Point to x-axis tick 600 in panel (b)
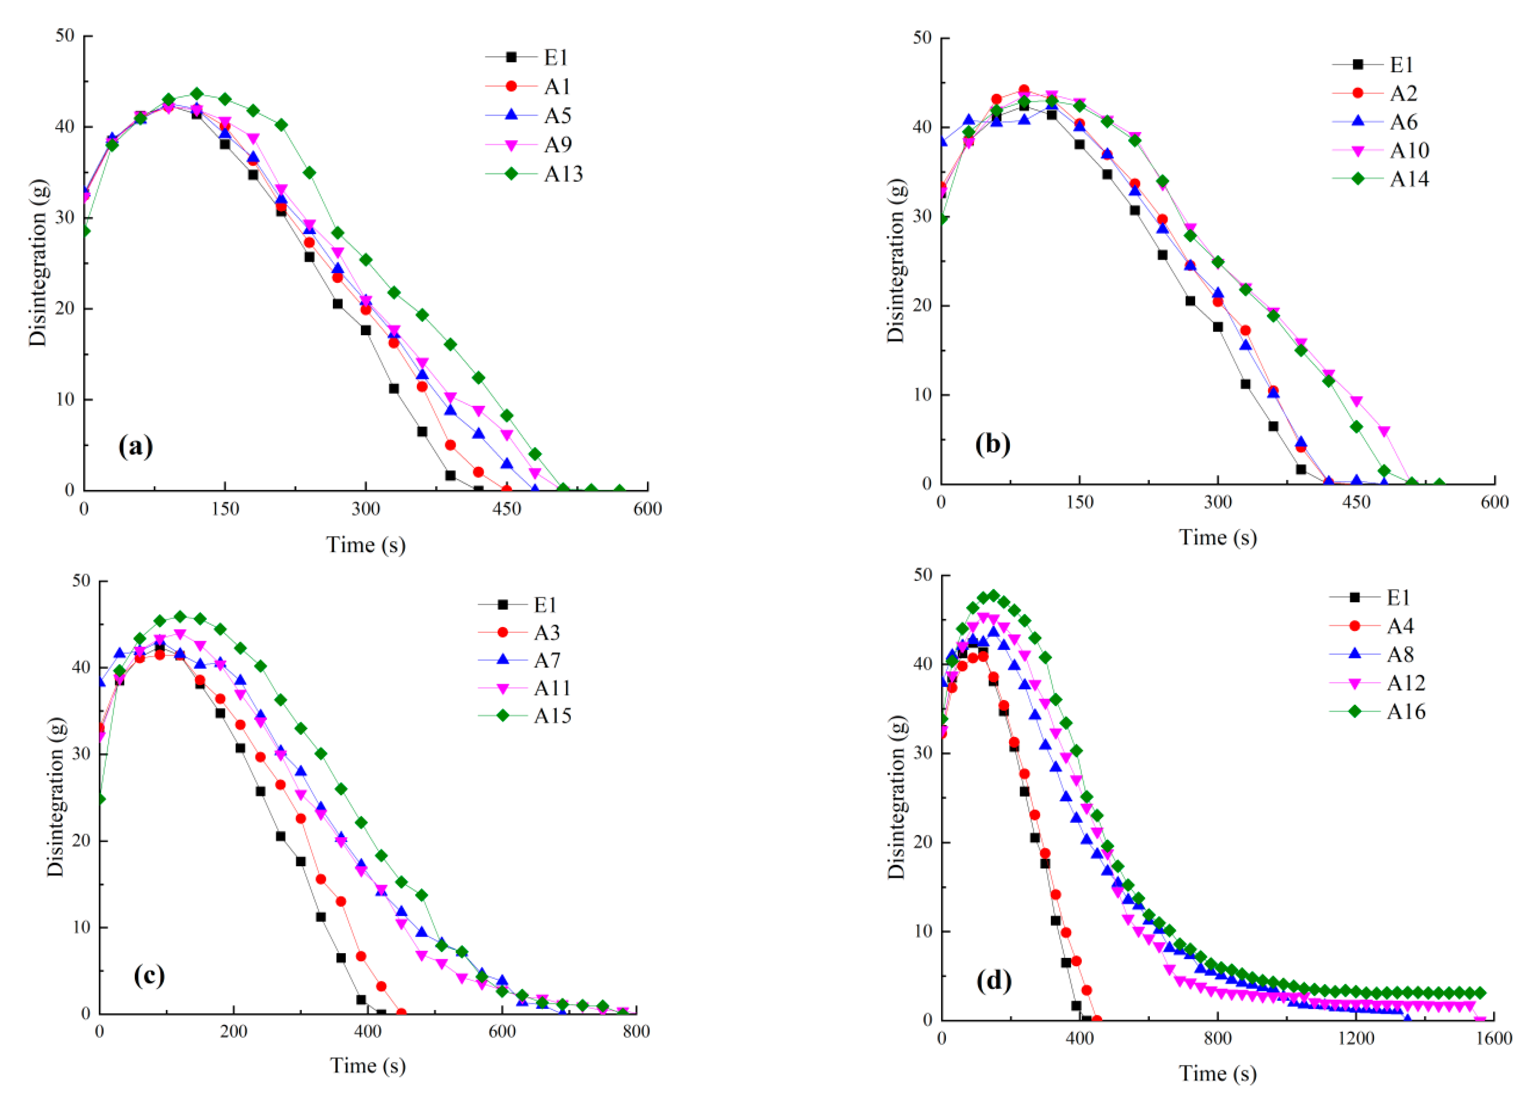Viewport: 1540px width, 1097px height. click(1494, 502)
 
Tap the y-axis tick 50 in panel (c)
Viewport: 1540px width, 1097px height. click(80, 581)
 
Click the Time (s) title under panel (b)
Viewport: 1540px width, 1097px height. click(1218, 538)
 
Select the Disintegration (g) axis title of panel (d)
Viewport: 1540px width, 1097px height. click(896, 797)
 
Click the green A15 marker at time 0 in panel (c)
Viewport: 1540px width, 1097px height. click(101, 799)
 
